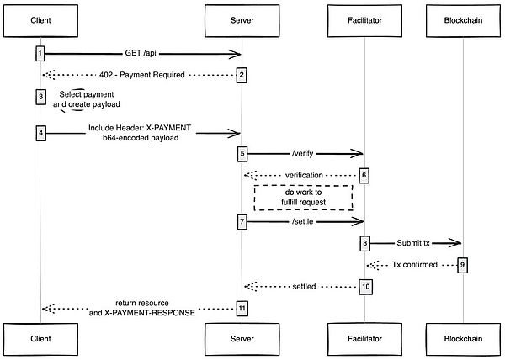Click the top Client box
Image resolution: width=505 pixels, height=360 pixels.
tap(40, 19)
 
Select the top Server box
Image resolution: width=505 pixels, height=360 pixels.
tap(242, 19)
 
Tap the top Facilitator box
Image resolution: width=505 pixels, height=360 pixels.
tap(365, 19)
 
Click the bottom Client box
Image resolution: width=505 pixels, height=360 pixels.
tap(40, 339)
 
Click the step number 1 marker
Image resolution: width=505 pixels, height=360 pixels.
tap(40, 54)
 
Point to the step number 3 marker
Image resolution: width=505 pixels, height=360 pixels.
tap(40, 97)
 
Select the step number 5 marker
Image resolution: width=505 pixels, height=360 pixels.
tap(242, 154)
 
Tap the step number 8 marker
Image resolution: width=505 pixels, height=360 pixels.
tap(365, 243)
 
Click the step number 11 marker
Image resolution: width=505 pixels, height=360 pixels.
tap(242, 308)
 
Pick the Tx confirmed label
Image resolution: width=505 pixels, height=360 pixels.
tap(414, 264)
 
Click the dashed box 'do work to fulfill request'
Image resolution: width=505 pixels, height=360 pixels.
tap(302, 197)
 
